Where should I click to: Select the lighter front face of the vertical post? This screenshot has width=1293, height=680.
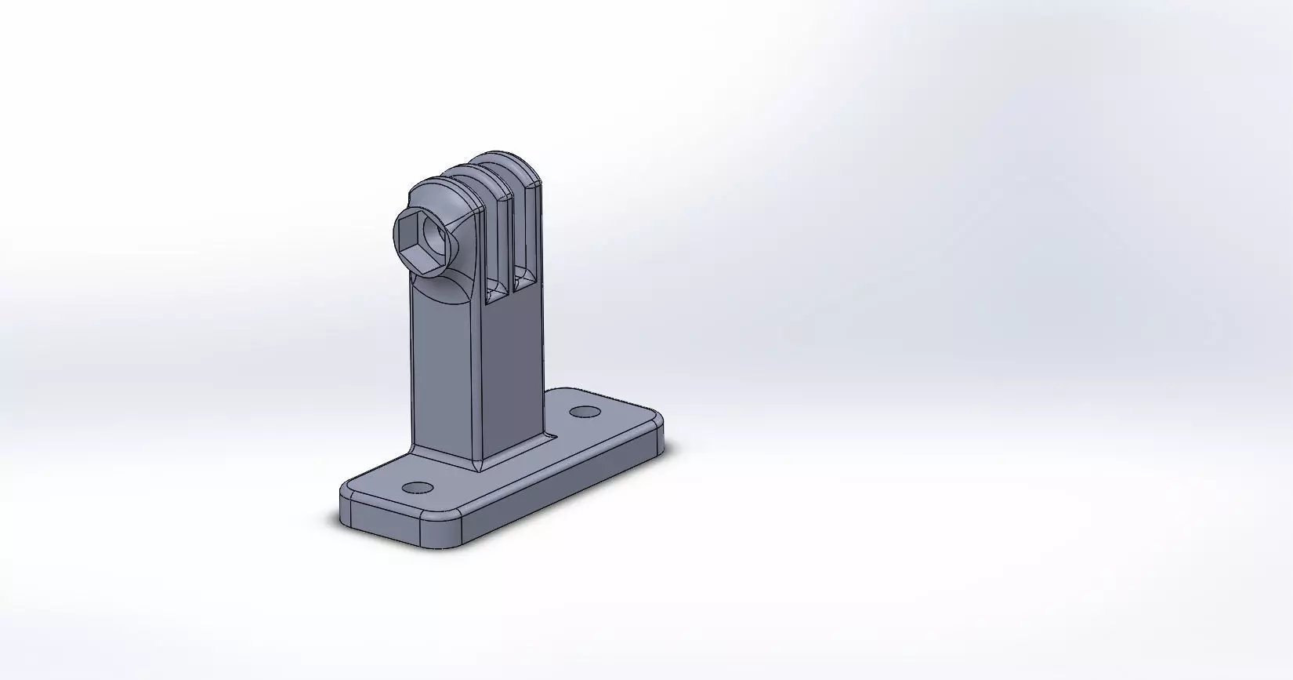[x=443, y=369]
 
